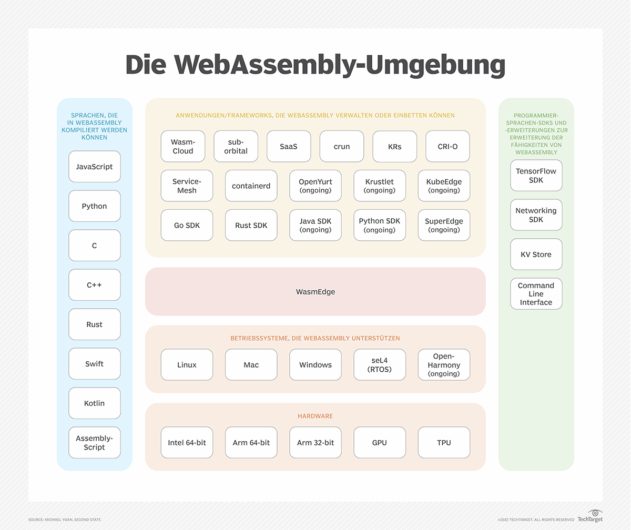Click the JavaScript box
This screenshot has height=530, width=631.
(95, 167)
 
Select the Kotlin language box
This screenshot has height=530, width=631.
(95, 403)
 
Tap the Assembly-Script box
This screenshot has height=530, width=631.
(95, 443)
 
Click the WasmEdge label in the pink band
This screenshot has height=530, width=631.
(315, 291)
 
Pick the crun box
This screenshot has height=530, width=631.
(342, 146)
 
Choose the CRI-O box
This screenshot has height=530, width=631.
(447, 146)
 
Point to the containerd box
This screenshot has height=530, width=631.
(251, 186)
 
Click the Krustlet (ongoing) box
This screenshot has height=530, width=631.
(380, 186)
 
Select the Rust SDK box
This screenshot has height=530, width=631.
(251, 225)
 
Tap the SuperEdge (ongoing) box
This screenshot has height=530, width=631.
(444, 225)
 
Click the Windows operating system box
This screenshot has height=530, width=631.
(315, 365)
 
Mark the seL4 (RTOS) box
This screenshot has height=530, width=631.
(380, 365)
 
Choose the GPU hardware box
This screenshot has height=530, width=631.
(380, 443)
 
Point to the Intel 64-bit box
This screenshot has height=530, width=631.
(187, 443)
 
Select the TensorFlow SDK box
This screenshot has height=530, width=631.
(536, 176)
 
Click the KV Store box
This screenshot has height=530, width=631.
(536, 254)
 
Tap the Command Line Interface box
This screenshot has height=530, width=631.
(536, 294)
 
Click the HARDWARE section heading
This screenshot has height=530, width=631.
(315, 416)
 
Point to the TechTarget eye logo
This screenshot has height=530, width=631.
(594, 513)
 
